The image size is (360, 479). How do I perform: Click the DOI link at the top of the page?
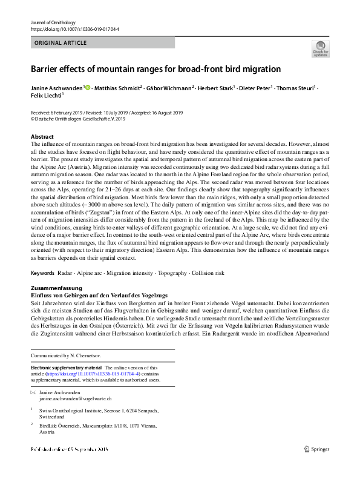pyautogui.click(x=76, y=29)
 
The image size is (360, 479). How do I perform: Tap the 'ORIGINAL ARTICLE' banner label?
pyautogui.click(x=61, y=43)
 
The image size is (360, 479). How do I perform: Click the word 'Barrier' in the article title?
pyautogui.click(x=47, y=69)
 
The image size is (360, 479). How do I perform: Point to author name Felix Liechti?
pyautogui.click(x=46, y=96)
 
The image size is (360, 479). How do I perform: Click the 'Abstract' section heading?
pyautogui.click(x=42, y=137)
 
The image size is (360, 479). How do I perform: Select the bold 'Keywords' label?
pyautogui.click(x=42, y=273)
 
